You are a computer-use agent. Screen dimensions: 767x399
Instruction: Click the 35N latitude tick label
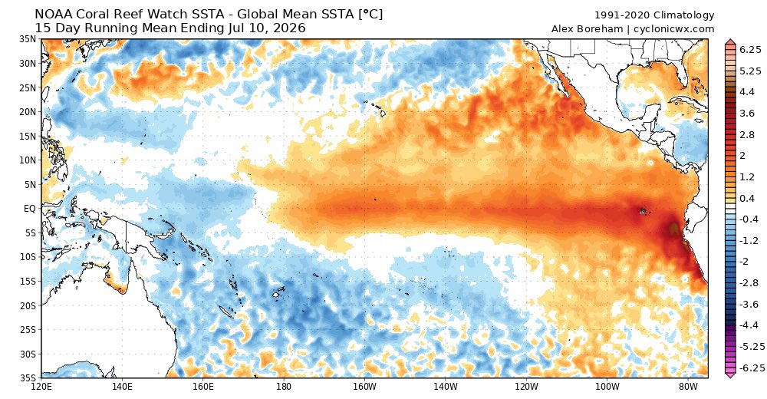[28, 39]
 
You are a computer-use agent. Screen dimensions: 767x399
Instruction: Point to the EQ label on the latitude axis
[30, 209]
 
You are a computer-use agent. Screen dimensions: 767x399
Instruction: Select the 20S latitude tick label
[28, 305]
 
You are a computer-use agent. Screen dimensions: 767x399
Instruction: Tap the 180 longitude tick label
[283, 386]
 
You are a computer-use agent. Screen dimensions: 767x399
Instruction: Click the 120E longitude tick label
[41, 386]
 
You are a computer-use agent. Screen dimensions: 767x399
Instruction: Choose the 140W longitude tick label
[445, 386]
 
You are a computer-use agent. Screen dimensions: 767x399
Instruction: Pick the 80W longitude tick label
[688, 386]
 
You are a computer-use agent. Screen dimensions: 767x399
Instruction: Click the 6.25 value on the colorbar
[751, 49]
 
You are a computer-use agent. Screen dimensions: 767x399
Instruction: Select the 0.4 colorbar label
[747, 198]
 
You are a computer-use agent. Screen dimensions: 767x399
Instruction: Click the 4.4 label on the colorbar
[747, 92]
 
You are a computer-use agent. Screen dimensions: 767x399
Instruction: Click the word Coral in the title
[98, 15]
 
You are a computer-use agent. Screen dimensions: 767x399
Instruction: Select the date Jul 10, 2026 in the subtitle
[267, 28]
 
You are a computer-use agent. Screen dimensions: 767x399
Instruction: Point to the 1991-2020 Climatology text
[654, 15]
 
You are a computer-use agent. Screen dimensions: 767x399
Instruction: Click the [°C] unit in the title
[370, 15]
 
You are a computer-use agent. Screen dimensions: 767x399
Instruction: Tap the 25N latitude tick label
[28, 87]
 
